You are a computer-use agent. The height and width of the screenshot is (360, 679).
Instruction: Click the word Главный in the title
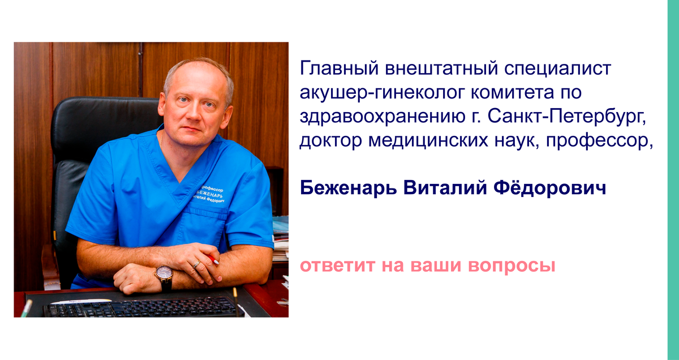(x=339, y=68)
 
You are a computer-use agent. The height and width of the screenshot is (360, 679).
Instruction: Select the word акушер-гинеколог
(x=382, y=92)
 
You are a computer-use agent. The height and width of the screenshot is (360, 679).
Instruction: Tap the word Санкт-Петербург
(x=567, y=117)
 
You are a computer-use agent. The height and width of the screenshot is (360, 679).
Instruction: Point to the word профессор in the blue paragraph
(x=599, y=141)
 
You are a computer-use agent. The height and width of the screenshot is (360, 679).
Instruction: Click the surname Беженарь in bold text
(x=349, y=188)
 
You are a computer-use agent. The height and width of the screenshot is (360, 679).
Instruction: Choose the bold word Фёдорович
(x=550, y=187)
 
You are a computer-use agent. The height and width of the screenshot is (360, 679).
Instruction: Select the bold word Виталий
(x=445, y=188)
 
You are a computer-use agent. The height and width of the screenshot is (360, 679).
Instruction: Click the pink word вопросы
(x=512, y=265)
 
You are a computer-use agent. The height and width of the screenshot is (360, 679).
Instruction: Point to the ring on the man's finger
(x=197, y=264)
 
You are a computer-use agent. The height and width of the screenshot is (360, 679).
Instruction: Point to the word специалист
(x=558, y=68)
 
